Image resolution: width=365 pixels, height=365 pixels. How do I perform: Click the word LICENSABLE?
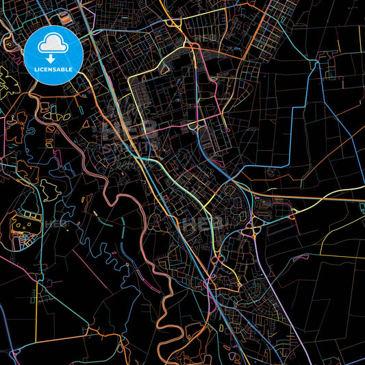[53, 70]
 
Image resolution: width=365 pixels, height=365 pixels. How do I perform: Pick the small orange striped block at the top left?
[63, 15]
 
